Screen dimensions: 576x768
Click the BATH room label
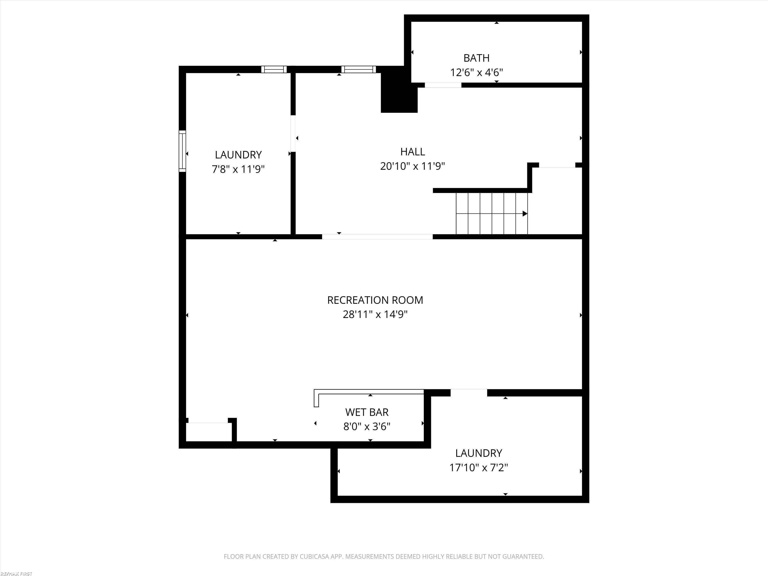click(x=476, y=58)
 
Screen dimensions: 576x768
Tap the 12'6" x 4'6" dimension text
click(x=476, y=72)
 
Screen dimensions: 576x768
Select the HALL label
click(x=412, y=152)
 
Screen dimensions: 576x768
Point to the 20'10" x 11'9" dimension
click(x=412, y=166)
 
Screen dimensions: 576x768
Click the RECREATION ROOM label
click(x=375, y=300)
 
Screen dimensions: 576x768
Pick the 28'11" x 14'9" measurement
click(x=375, y=314)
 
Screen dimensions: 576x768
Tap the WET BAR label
click(x=367, y=412)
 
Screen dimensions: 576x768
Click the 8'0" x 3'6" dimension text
click(x=367, y=426)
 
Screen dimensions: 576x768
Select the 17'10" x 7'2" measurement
click(x=478, y=468)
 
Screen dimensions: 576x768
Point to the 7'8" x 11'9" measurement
click(x=238, y=169)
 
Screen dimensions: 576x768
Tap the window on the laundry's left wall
click(x=182, y=151)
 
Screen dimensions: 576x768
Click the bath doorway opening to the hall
click(x=443, y=85)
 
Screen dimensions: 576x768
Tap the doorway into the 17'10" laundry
click(x=469, y=393)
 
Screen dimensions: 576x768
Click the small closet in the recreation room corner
click(x=209, y=432)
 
